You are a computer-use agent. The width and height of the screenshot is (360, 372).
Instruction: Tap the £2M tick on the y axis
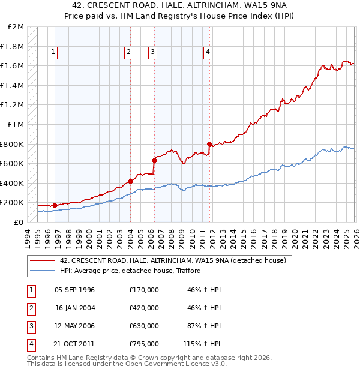[16, 27]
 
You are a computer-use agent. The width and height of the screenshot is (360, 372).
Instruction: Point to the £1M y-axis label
[16, 124]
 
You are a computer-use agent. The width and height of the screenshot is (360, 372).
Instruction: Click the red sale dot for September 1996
[55, 205]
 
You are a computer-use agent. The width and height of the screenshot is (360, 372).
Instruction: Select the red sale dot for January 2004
[130, 181]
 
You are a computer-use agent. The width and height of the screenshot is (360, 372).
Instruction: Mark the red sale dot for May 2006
[154, 160]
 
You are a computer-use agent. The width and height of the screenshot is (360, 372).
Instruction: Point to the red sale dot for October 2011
[209, 144]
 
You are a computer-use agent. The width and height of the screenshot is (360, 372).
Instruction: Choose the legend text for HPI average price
[130, 271]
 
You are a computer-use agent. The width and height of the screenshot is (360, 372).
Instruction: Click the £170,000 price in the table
[144, 290]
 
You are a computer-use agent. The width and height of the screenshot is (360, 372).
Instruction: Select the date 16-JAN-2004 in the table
[75, 308]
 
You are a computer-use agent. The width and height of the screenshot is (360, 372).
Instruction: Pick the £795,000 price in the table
[144, 344]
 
